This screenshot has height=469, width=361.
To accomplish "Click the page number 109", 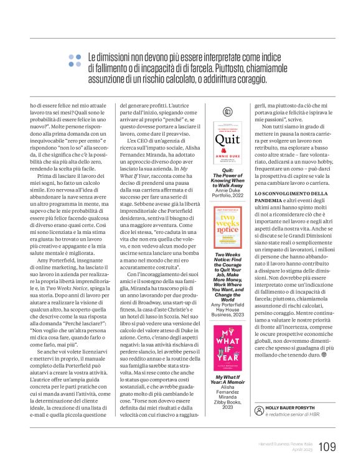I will [x=327, y=445].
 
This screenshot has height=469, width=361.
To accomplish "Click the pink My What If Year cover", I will [x=227, y=345].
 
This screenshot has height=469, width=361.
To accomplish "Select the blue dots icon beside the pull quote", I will [x=75, y=60].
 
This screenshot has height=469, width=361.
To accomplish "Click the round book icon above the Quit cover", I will [x=228, y=112].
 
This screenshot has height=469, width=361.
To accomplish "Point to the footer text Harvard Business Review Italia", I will [x=284, y=443].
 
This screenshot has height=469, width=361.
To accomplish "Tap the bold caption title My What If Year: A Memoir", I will [x=228, y=381].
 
